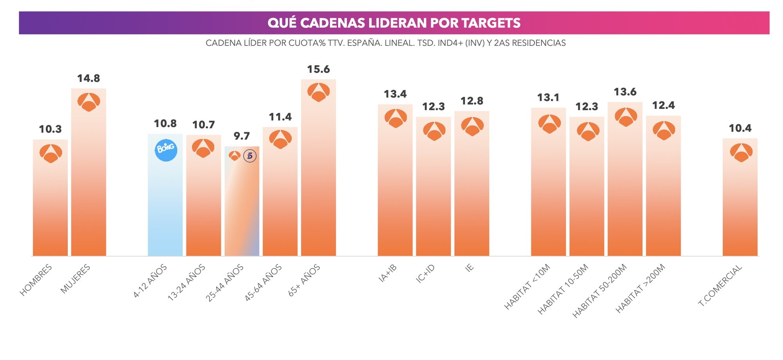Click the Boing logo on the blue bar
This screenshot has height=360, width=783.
coord(166,150)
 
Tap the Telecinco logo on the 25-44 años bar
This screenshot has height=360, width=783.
coord(250,156)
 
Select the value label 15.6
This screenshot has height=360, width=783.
coord(318,70)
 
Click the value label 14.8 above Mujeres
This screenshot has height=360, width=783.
coord(88,79)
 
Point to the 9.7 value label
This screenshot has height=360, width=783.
coord(242,136)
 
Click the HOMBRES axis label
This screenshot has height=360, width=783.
coord(36,280)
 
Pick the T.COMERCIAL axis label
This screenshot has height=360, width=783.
coord(720,284)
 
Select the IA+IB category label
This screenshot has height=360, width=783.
coord(388,273)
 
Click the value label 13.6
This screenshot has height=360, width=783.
coord(625,92)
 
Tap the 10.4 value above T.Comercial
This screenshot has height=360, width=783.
coord(740,128)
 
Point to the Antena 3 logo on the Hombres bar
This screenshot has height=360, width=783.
coord(51,153)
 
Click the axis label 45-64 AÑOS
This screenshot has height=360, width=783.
coord(263,282)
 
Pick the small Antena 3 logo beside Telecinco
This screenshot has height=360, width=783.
coord(235,156)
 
